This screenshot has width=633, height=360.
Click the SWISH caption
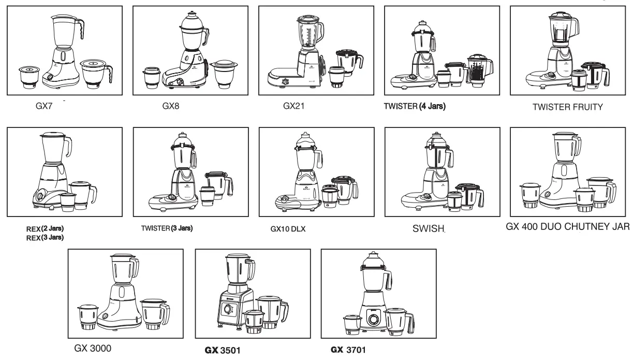pyautogui.click(x=429, y=229)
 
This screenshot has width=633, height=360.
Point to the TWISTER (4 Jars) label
pyautogui.click(x=415, y=107)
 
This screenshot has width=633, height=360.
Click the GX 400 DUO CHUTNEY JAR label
pyautogui.click(x=567, y=226)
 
